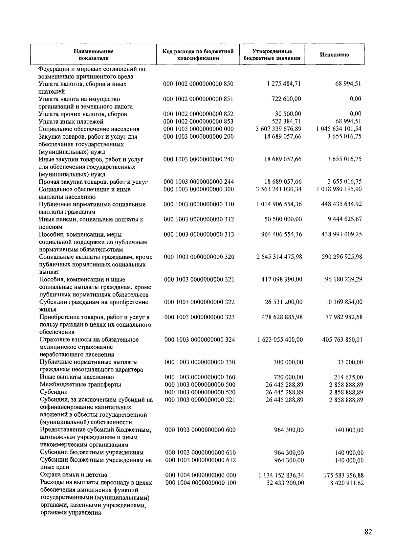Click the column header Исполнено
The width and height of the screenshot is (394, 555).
[334, 55]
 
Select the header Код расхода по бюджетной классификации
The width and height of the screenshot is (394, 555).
[198, 55]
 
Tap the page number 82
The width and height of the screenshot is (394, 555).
[368, 532]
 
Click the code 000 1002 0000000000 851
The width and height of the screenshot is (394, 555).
[198, 99]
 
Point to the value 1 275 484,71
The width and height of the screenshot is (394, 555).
[284, 84]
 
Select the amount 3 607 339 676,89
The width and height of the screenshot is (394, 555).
[278, 129]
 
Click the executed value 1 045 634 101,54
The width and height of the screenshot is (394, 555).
[339, 129]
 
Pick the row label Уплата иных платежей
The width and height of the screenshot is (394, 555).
[71, 122]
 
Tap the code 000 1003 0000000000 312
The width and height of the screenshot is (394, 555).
[199, 219]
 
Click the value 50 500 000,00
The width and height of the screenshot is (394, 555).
[283, 219]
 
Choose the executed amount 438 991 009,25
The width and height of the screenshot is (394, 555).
[341, 234]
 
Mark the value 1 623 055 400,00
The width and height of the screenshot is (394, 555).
[280, 339]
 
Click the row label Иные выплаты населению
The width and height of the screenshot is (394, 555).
[77, 377]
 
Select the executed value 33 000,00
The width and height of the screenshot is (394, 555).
[350, 362]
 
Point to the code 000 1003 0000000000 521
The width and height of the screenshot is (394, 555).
[200, 400]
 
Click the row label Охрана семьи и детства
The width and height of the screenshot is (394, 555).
[74, 475]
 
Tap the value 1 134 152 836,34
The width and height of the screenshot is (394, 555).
[281, 475]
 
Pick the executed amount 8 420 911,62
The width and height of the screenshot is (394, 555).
[347, 483]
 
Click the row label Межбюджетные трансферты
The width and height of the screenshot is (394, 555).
[80, 384]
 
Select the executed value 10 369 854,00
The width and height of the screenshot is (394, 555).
[344, 302]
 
